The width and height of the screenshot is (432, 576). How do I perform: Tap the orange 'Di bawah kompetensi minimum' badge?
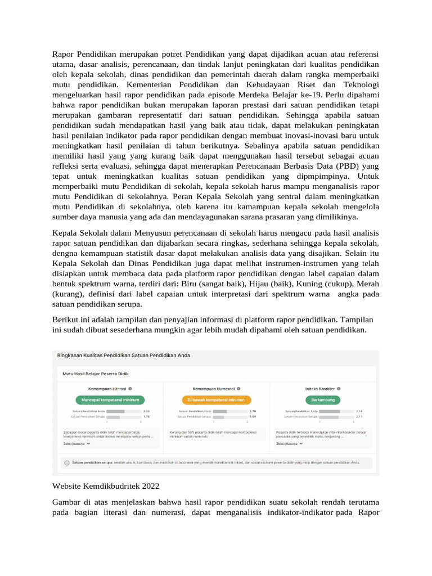pyautogui.click(x=217, y=400)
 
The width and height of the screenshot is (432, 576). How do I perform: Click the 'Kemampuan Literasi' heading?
pyautogui.click(x=107, y=388)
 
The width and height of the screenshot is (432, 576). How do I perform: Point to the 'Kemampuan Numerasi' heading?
pyautogui.click(x=213, y=388)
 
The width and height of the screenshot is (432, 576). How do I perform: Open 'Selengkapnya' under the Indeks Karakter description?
pyautogui.click(x=286, y=443)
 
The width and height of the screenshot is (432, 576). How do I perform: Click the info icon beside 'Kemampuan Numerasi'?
pyautogui.click(x=238, y=388)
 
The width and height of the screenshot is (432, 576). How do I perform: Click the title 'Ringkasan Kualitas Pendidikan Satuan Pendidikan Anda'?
pyautogui.click(x=124, y=355)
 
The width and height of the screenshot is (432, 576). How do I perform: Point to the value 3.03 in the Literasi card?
pyautogui.click(x=145, y=411)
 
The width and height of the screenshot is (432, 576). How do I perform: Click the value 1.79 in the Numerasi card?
pyautogui.click(x=253, y=411)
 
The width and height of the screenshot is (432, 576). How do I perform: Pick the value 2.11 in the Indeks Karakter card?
pyautogui.click(x=359, y=417)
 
